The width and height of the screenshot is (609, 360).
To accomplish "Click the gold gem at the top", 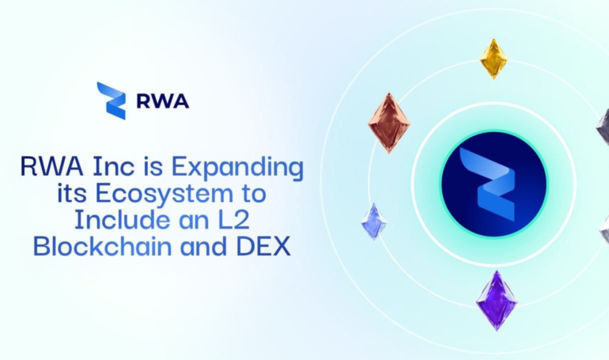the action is tap(494, 59).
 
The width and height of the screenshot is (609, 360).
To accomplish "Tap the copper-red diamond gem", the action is tap(389, 123).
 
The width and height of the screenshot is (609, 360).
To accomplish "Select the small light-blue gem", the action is tap(374, 222).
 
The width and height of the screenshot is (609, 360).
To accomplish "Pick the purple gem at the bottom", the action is tap(497, 301).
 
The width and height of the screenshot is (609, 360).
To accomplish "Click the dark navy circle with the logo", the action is tap(494, 184).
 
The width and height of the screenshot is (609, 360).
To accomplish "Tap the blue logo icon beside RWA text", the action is tap(111, 100).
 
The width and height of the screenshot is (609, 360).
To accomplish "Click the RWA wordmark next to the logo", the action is tap(163, 101).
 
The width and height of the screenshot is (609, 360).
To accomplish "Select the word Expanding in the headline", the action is tap(237, 168).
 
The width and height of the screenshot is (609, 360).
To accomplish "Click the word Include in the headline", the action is tap(122, 219).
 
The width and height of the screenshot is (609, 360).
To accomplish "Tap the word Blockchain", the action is tap(103, 246).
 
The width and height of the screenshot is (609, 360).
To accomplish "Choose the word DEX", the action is tap(263, 246).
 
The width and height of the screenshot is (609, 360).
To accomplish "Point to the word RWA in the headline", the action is tap(51, 166).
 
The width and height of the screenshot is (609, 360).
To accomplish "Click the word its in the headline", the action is tap(71, 193).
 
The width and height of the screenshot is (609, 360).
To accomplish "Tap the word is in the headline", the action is tap(153, 166).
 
